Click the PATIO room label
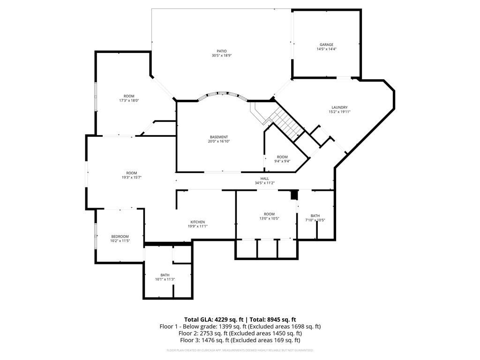(222, 51)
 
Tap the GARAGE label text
(327, 45)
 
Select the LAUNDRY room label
(340, 107)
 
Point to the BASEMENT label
(219, 137)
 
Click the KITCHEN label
(197, 222)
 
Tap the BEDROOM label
(120, 236)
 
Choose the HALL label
(265, 178)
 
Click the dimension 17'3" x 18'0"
(129, 100)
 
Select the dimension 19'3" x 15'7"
(131, 177)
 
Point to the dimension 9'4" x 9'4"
(282, 161)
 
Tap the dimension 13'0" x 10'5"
(269, 218)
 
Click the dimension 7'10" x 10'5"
(315, 220)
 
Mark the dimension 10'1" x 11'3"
(165, 279)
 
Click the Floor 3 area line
(240, 340)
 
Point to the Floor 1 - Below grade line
(240, 326)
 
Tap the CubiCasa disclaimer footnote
(240, 350)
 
